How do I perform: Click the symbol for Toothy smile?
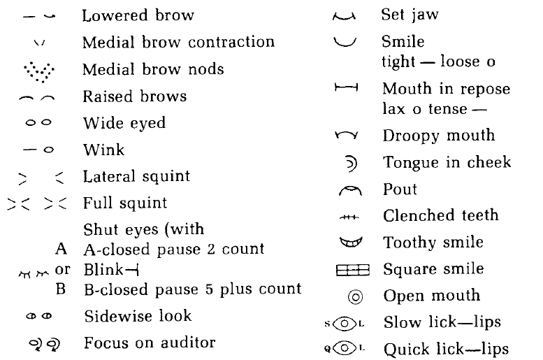[347, 243]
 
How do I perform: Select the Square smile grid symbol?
[347, 269]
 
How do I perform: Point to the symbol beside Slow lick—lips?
[347, 323]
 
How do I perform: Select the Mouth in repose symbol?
[346, 89]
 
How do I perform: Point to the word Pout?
[400, 189]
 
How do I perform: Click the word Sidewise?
[115, 315]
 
